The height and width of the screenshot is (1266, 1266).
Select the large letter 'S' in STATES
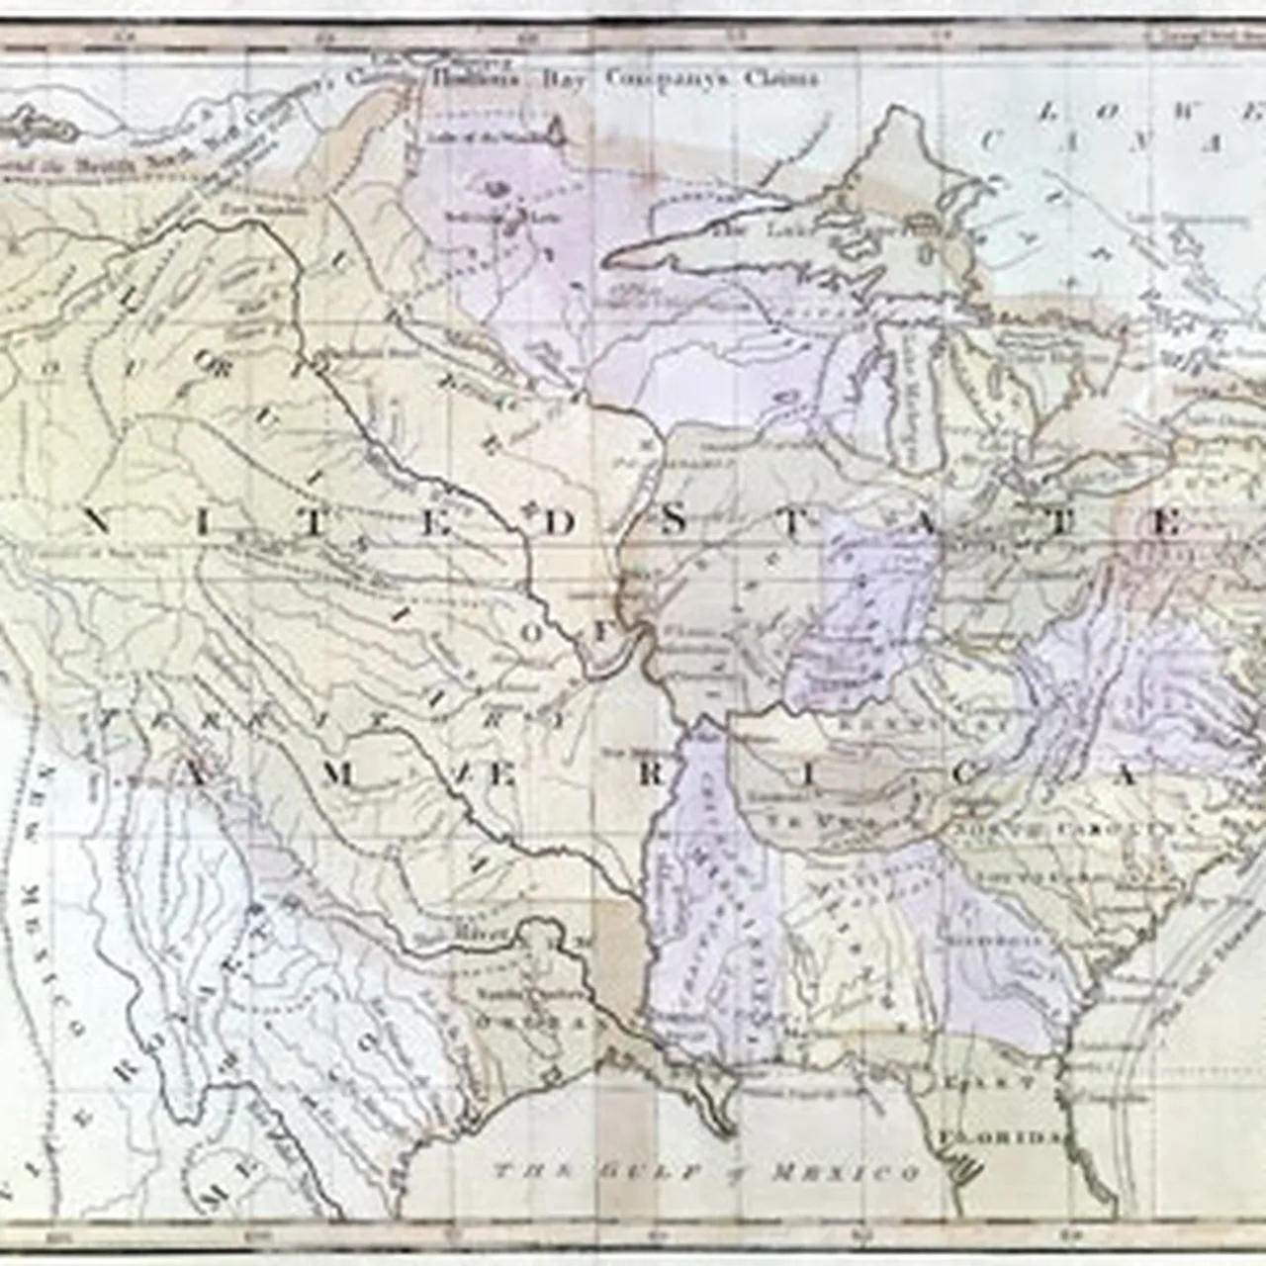point(672,523)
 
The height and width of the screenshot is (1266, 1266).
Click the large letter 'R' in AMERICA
point(648,774)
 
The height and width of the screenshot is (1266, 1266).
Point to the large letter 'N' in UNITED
point(99,523)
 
